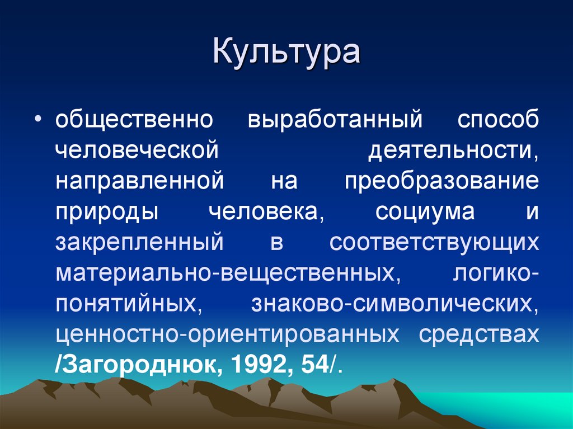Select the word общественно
coord(134,121)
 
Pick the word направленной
coord(140,182)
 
